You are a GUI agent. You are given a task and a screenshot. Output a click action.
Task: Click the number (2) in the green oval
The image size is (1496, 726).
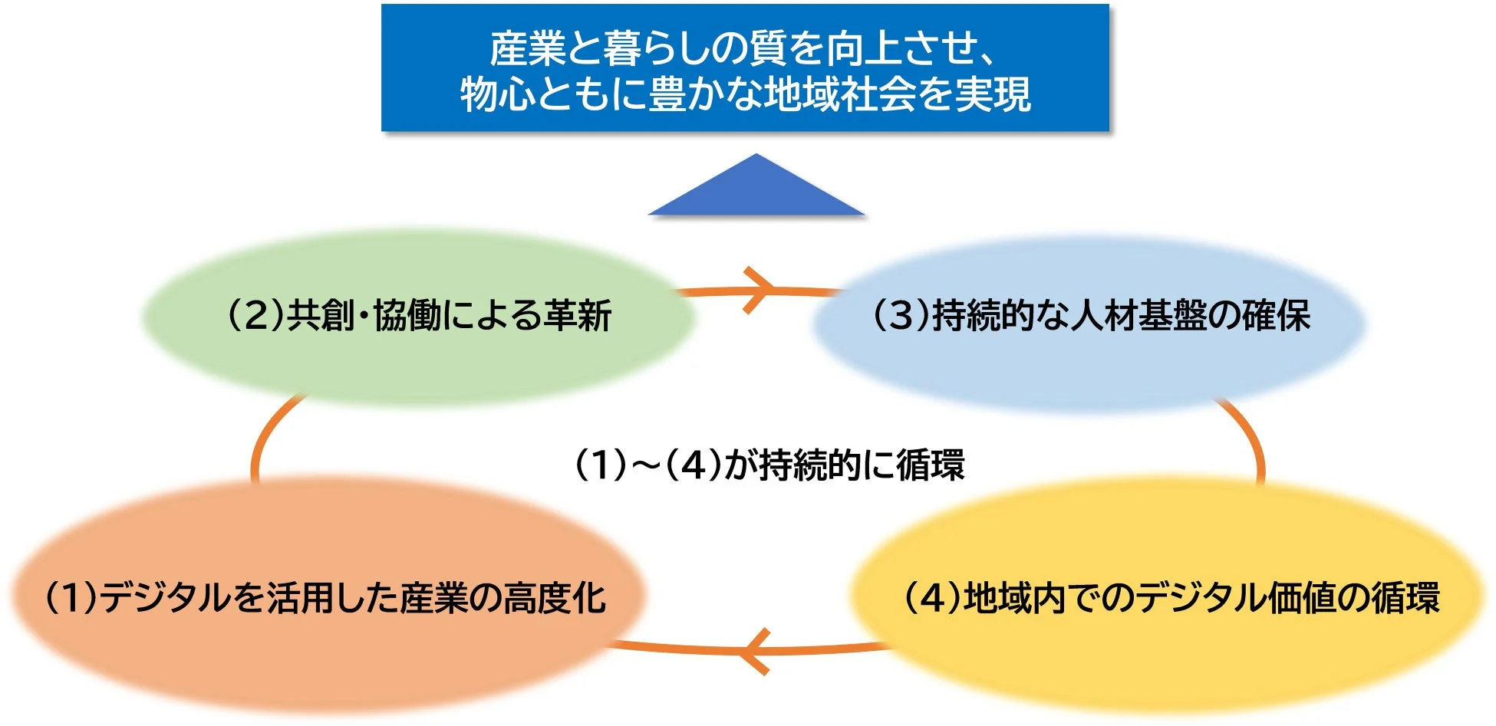(256, 316)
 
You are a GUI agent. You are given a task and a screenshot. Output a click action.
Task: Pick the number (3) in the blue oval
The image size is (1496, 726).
(901, 316)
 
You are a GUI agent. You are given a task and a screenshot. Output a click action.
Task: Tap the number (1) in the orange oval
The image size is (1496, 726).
(73, 598)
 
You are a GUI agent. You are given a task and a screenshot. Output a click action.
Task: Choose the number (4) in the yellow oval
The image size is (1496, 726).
(933, 598)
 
